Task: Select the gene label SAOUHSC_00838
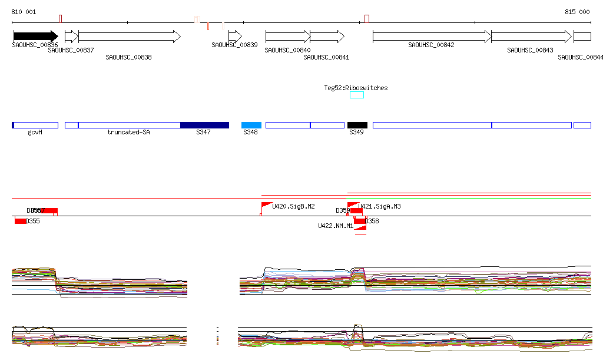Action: point(128,57)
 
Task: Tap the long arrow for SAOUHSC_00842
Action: point(432,37)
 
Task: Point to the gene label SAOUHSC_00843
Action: point(530,51)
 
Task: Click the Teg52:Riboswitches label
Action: point(356,88)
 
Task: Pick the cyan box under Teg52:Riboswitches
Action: point(357,95)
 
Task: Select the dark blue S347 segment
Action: point(204,125)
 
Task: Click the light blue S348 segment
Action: point(251,125)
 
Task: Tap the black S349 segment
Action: point(357,125)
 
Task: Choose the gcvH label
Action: point(35,133)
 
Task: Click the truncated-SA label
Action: point(128,133)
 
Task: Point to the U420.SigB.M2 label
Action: point(293,206)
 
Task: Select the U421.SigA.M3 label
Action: point(379,206)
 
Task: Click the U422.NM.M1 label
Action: point(336,226)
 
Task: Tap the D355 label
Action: point(32,221)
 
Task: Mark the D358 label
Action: point(372,221)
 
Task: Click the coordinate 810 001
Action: point(24,12)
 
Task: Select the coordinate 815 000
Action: point(577,12)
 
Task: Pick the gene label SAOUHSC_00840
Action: point(287,51)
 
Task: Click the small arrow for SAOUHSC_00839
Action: point(235,37)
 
